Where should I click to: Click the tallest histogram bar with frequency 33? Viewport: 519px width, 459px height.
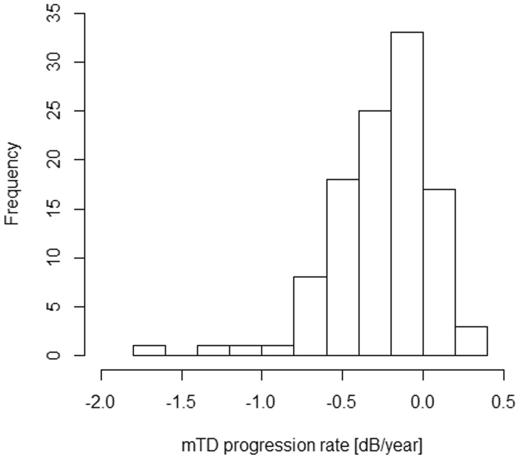[x=407, y=194]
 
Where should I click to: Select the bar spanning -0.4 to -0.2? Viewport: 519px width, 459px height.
[x=375, y=233]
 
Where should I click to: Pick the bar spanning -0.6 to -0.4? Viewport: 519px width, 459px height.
[x=343, y=267]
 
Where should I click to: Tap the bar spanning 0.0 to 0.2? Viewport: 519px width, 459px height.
[x=439, y=272]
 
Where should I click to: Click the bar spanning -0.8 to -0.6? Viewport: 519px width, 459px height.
[x=310, y=316]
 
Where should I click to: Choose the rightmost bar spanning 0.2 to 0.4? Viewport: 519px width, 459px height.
[x=471, y=341]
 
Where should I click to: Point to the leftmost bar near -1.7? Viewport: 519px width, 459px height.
[x=149, y=350]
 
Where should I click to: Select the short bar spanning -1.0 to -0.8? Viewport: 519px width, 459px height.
[x=278, y=350]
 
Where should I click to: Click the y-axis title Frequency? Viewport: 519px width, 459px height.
[x=13, y=184]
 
